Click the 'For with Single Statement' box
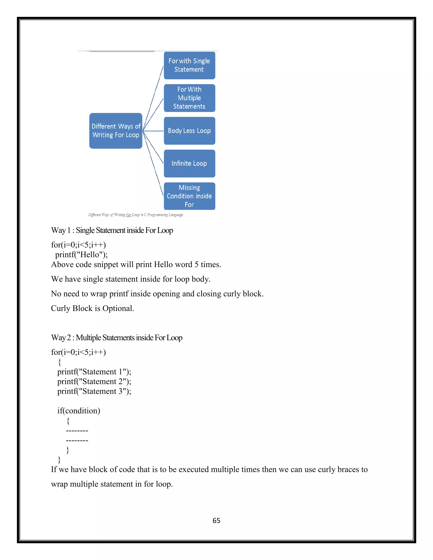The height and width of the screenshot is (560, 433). (x=189, y=65)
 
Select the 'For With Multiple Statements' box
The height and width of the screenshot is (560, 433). (x=189, y=98)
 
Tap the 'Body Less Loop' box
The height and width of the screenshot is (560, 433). (x=189, y=131)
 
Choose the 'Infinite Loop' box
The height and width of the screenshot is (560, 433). (x=189, y=164)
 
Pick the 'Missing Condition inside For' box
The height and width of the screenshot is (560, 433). (x=189, y=196)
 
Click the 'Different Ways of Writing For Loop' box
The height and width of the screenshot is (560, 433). (x=116, y=131)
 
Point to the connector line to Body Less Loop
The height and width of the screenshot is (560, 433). (x=153, y=131)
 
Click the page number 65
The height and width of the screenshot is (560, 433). (x=216, y=520)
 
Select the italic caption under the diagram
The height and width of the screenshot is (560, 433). (x=136, y=215)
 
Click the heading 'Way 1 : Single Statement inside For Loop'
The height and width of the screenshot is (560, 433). (x=112, y=230)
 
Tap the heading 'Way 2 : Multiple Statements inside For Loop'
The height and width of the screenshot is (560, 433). (x=117, y=338)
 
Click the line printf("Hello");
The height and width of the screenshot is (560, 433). (x=81, y=255)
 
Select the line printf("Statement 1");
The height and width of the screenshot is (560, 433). (x=94, y=372)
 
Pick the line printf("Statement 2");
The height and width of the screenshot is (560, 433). (x=94, y=381)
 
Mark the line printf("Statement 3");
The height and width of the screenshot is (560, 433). (x=94, y=391)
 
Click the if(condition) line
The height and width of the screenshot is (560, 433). (x=78, y=411)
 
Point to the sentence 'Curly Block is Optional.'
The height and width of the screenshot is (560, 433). (x=92, y=308)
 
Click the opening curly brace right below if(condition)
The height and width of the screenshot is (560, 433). (x=68, y=421)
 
